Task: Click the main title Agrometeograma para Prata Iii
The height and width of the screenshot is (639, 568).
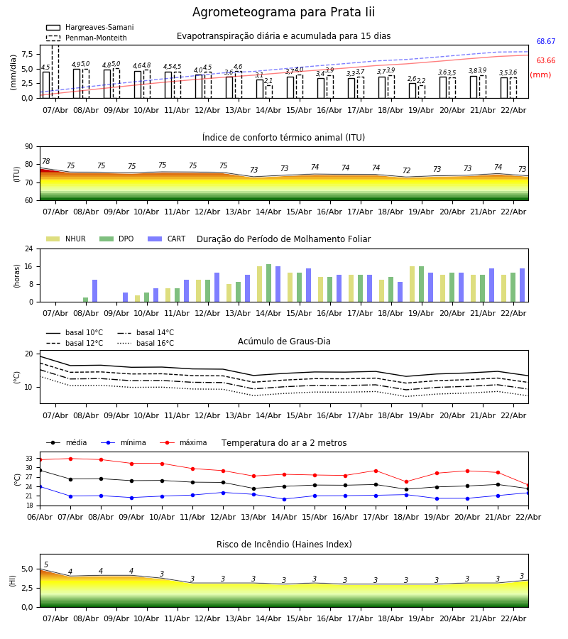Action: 283,13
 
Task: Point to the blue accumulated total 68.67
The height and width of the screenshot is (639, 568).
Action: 545,42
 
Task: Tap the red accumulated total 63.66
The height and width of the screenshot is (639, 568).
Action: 545,61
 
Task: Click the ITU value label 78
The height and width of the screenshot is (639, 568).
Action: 46,162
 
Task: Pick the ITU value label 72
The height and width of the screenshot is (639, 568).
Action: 406,171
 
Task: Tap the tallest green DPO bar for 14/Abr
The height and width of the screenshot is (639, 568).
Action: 268,283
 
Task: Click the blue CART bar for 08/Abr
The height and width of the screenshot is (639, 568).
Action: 94,291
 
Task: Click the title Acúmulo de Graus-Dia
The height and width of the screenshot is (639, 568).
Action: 284,342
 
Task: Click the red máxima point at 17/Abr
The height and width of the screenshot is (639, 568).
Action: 376,471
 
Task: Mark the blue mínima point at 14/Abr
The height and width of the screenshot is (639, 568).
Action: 284,499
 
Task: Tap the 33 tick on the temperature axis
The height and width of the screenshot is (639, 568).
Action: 29,459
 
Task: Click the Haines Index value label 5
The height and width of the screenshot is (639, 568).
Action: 46,565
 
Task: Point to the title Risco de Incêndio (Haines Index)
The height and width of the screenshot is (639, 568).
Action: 284,545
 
